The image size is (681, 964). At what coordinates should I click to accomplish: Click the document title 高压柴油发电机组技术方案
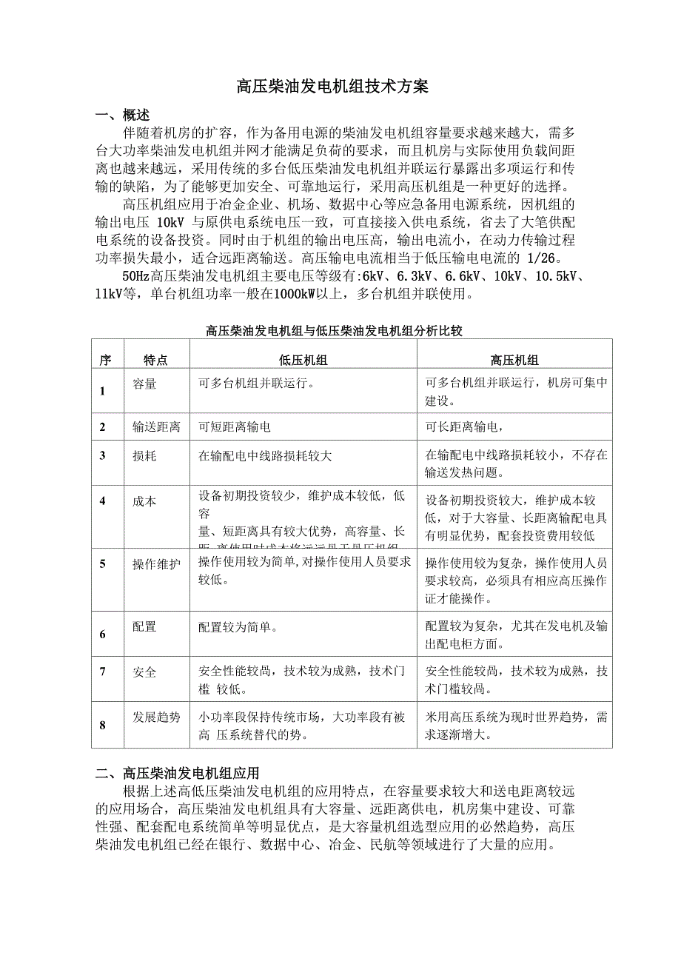(332, 87)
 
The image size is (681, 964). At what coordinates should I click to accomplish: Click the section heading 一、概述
(123, 116)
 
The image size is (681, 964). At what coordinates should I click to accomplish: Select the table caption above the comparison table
(334, 331)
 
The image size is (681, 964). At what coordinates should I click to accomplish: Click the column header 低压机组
(303, 361)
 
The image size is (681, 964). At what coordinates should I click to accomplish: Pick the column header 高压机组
(514, 361)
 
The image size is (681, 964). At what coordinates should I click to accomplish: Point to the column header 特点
(155, 361)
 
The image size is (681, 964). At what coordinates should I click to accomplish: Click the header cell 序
(105, 361)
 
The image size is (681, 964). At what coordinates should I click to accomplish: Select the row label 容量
(144, 384)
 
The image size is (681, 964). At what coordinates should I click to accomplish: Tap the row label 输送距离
(156, 427)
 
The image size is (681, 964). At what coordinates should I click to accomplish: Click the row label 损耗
(144, 456)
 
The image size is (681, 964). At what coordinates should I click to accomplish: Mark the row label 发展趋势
(156, 717)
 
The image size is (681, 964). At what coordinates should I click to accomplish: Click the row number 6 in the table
(103, 635)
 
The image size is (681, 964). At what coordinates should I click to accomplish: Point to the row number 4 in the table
(103, 501)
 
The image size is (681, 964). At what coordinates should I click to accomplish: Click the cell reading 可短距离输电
(239, 427)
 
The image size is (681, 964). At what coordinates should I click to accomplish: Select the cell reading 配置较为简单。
(238, 627)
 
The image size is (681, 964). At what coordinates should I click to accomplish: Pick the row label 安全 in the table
(144, 672)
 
